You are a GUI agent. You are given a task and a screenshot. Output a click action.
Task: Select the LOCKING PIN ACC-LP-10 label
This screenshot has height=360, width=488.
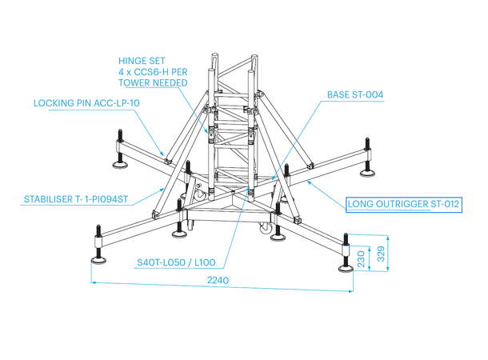pos(86,103)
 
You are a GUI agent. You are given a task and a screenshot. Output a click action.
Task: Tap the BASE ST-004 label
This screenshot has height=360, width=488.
pos(355,94)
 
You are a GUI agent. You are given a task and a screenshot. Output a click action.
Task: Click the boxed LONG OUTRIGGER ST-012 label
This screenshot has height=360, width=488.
pos(403,205)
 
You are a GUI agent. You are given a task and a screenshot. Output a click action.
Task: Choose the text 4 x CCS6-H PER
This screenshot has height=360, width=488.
pos(153,70)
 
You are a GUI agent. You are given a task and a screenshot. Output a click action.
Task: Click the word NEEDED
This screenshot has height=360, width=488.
pos(173,82)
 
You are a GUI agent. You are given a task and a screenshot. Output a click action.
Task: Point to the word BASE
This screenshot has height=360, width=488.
pos(339,94)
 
